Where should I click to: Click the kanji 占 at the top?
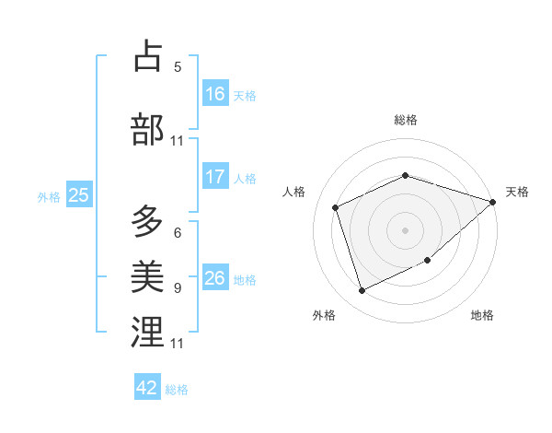click(147, 56)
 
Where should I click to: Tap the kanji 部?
click(147, 130)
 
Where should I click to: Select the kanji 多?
click(147, 221)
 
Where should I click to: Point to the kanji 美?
click(147, 275)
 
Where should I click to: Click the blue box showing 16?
click(215, 94)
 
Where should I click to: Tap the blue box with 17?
click(215, 177)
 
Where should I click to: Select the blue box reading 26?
click(215, 278)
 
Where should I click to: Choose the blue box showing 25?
click(78, 195)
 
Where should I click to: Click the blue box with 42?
click(147, 388)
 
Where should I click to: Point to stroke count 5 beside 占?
click(178, 67)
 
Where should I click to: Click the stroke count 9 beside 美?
click(178, 287)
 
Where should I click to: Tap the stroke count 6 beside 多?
click(178, 233)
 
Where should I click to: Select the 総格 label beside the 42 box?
click(177, 390)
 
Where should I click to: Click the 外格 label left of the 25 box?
click(49, 196)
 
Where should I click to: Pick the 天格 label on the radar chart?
click(517, 192)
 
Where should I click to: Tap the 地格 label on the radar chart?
click(482, 316)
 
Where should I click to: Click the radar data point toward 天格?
click(493, 202)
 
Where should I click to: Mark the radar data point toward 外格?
click(362, 291)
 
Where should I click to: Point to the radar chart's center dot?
click(405, 229)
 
